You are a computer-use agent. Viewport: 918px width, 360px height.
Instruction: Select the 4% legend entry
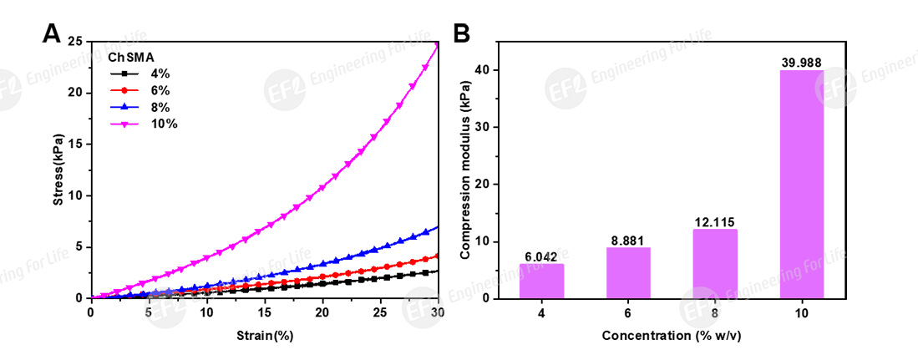click(160, 74)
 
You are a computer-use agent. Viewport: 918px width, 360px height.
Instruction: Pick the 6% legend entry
click(160, 90)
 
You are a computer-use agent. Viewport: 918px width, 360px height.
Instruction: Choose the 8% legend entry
click(160, 107)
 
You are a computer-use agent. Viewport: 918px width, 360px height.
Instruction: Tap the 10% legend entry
click(163, 124)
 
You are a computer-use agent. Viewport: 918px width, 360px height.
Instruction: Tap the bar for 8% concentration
click(714, 263)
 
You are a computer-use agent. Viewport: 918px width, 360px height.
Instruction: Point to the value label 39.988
click(800, 63)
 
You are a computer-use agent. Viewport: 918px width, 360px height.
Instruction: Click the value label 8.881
click(627, 240)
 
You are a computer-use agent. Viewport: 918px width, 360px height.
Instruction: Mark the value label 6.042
click(541, 256)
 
